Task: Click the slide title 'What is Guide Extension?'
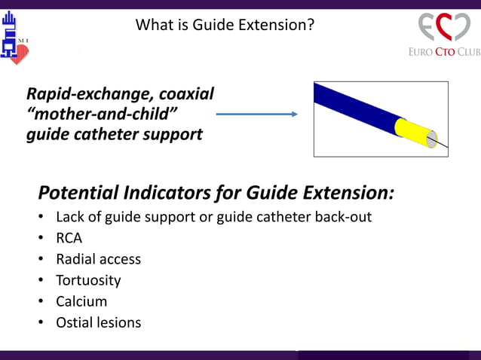click(225, 25)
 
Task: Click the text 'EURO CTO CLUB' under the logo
click(444, 52)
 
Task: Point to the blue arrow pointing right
click(256, 114)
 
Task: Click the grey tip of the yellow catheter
click(432, 139)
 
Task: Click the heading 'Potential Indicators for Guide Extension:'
click(216, 193)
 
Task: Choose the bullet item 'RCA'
click(69, 238)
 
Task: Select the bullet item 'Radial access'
click(98, 259)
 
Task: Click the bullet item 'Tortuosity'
click(88, 280)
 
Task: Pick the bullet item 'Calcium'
click(81, 301)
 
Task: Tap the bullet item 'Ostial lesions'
click(98, 322)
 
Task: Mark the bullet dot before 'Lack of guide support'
click(41, 218)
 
